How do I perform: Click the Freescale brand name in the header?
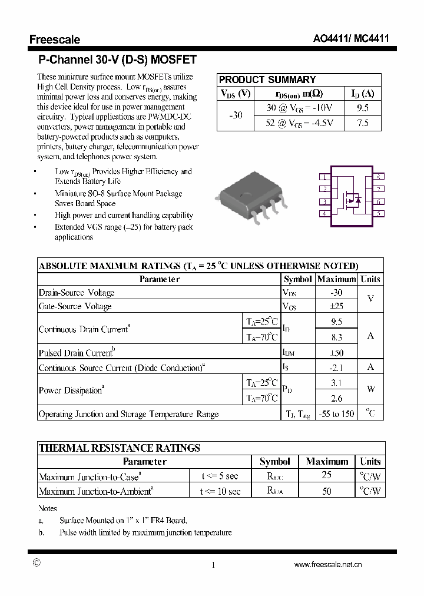coord(55,39)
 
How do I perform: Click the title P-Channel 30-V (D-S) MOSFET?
coord(117,59)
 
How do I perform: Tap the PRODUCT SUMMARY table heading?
coord(267,80)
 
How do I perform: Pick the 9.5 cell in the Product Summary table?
coord(363,108)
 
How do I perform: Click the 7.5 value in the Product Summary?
coord(363,122)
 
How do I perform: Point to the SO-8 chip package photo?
coord(251,197)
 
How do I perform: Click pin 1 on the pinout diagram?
coord(324,177)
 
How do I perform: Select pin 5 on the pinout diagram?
coord(379,213)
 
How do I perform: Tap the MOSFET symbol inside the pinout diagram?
coord(352,200)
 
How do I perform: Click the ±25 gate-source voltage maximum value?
coord(336,306)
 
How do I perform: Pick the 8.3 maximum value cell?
coord(336,337)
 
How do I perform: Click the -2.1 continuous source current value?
coord(336,368)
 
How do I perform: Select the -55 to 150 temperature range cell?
coord(336,414)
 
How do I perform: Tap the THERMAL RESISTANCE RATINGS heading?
coord(120,448)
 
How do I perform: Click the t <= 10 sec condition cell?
coord(220,491)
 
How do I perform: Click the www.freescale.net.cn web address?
coord(327,564)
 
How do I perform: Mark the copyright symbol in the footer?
coord(37,563)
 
